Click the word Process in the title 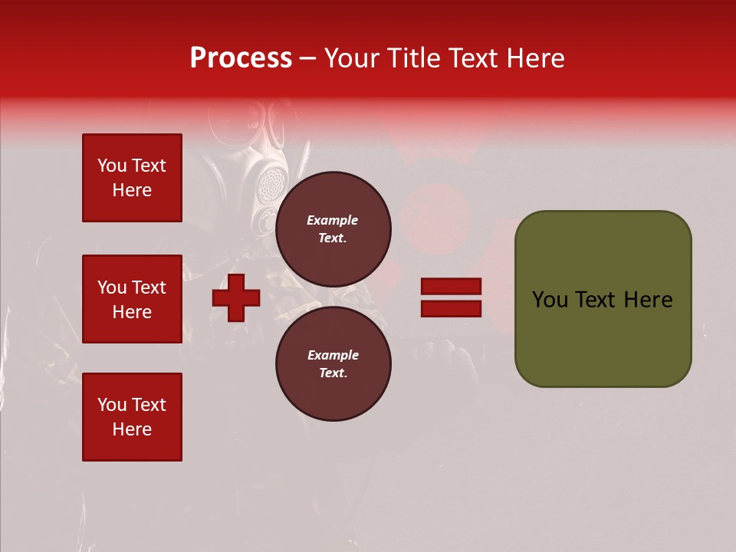pos(241,58)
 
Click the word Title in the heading pos(412,58)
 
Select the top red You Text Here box pos(132,178)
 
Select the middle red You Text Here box pos(132,299)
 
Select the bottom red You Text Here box pos(132,416)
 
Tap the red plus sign pos(236,297)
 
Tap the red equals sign pos(451,297)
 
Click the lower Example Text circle pos(333,363)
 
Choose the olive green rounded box pos(603,299)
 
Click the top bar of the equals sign pos(451,287)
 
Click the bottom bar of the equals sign pos(451,308)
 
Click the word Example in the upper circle pos(333,220)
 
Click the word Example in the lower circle pos(333,355)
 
